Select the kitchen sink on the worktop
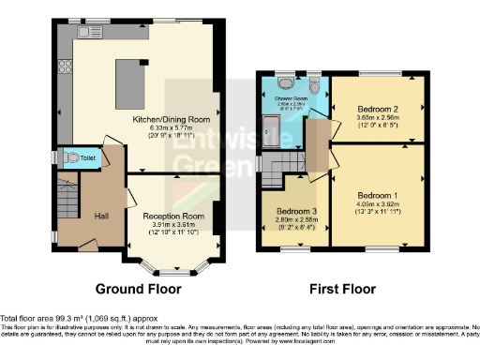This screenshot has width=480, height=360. tap(95, 32)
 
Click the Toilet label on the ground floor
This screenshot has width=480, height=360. tap(86, 159)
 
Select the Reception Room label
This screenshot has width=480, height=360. tap(172, 217)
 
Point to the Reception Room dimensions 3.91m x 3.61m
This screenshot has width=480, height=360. tap(172, 226)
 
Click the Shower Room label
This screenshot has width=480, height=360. tap(290, 96)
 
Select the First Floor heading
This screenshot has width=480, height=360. tap(343, 290)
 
